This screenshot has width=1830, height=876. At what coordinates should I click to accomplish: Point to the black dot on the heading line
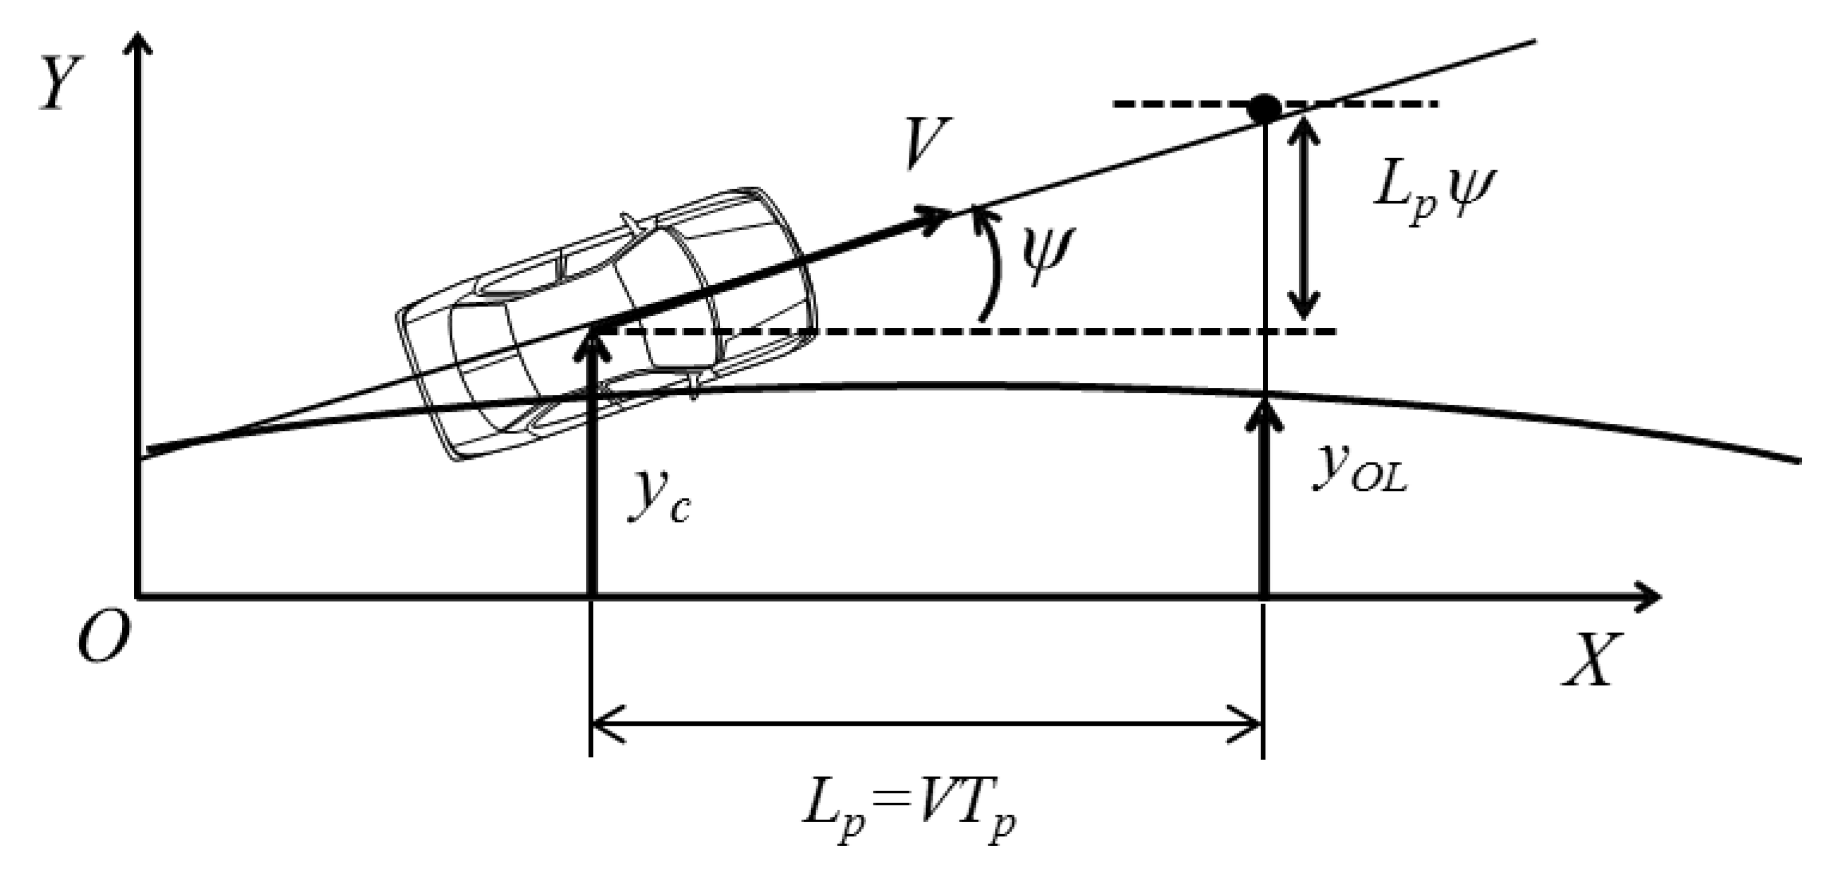[1264, 108]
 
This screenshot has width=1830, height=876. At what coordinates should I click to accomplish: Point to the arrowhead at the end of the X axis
[1648, 595]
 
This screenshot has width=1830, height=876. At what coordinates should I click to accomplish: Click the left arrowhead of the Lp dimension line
[604, 724]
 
